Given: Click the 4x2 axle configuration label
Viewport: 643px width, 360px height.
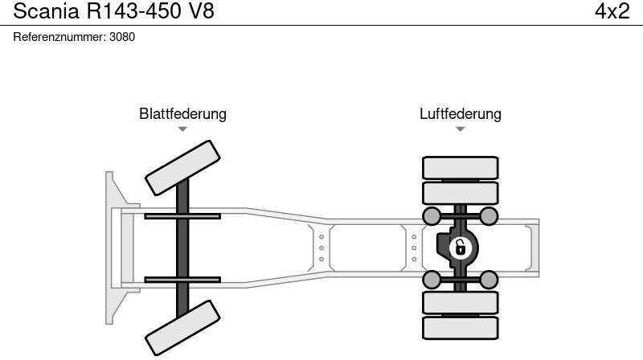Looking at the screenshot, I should click(x=612, y=11).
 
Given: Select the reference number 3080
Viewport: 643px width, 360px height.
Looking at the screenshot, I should click(x=121, y=37).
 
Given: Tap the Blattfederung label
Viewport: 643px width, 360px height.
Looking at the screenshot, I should click(x=182, y=114).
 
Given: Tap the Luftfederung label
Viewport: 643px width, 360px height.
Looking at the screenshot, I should click(x=460, y=114).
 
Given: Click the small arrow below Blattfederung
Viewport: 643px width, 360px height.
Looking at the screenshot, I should click(x=182, y=129).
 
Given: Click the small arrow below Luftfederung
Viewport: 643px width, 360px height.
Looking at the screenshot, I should click(x=460, y=129).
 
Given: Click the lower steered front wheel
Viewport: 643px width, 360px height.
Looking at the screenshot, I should click(x=182, y=327).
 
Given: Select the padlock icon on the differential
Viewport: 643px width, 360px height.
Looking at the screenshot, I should click(x=460, y=247).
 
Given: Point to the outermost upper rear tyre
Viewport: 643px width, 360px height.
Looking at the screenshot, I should click(x=460, y=167).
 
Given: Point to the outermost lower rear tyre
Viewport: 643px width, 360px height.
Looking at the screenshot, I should click(x=460, y=327).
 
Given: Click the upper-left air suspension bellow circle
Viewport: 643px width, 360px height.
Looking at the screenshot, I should click(x=432, y=215).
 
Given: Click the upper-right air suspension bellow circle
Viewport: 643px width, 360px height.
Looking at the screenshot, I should click(x=489, y=215).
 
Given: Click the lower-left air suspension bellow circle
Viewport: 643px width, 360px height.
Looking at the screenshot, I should click(x=432, y=279).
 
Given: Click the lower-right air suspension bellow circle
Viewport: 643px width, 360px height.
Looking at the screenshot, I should click(x=489, y=279).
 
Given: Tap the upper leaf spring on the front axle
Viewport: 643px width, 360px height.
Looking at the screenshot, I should click(x=182, y=215).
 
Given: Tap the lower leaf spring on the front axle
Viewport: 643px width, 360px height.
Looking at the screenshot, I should click(x=182, y=280).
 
